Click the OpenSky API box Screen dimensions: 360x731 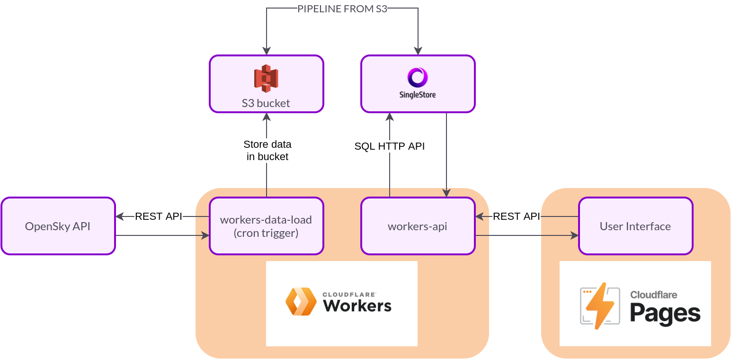coord(58,226)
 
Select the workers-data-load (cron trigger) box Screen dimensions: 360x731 coord(266,226)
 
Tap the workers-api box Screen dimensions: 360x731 coord(418,226)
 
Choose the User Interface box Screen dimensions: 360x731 coord(635,226)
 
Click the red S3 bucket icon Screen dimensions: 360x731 coord(266,78)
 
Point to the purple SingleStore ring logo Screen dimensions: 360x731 coord(418,77)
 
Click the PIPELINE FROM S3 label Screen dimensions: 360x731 coord(342,9)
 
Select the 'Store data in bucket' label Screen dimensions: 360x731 coord(267,150)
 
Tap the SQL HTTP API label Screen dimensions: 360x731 coord(390,146)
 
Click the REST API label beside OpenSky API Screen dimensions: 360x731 coord(159,216)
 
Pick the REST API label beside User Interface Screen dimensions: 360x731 coord(516,216)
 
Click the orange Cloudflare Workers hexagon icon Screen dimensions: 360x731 coord(301,301)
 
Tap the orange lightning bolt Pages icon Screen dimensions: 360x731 coord(600,306)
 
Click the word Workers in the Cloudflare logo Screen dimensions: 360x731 coord(357,306)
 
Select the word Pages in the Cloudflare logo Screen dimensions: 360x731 coord(665,313)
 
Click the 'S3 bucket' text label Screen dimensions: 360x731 coord(266,103)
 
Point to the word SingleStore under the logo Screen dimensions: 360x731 coord(418,95)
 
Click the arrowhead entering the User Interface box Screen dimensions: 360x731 coord(575,235)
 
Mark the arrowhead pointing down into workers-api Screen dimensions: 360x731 coord(446,193)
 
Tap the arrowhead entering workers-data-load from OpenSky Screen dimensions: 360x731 coord(205,235)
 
